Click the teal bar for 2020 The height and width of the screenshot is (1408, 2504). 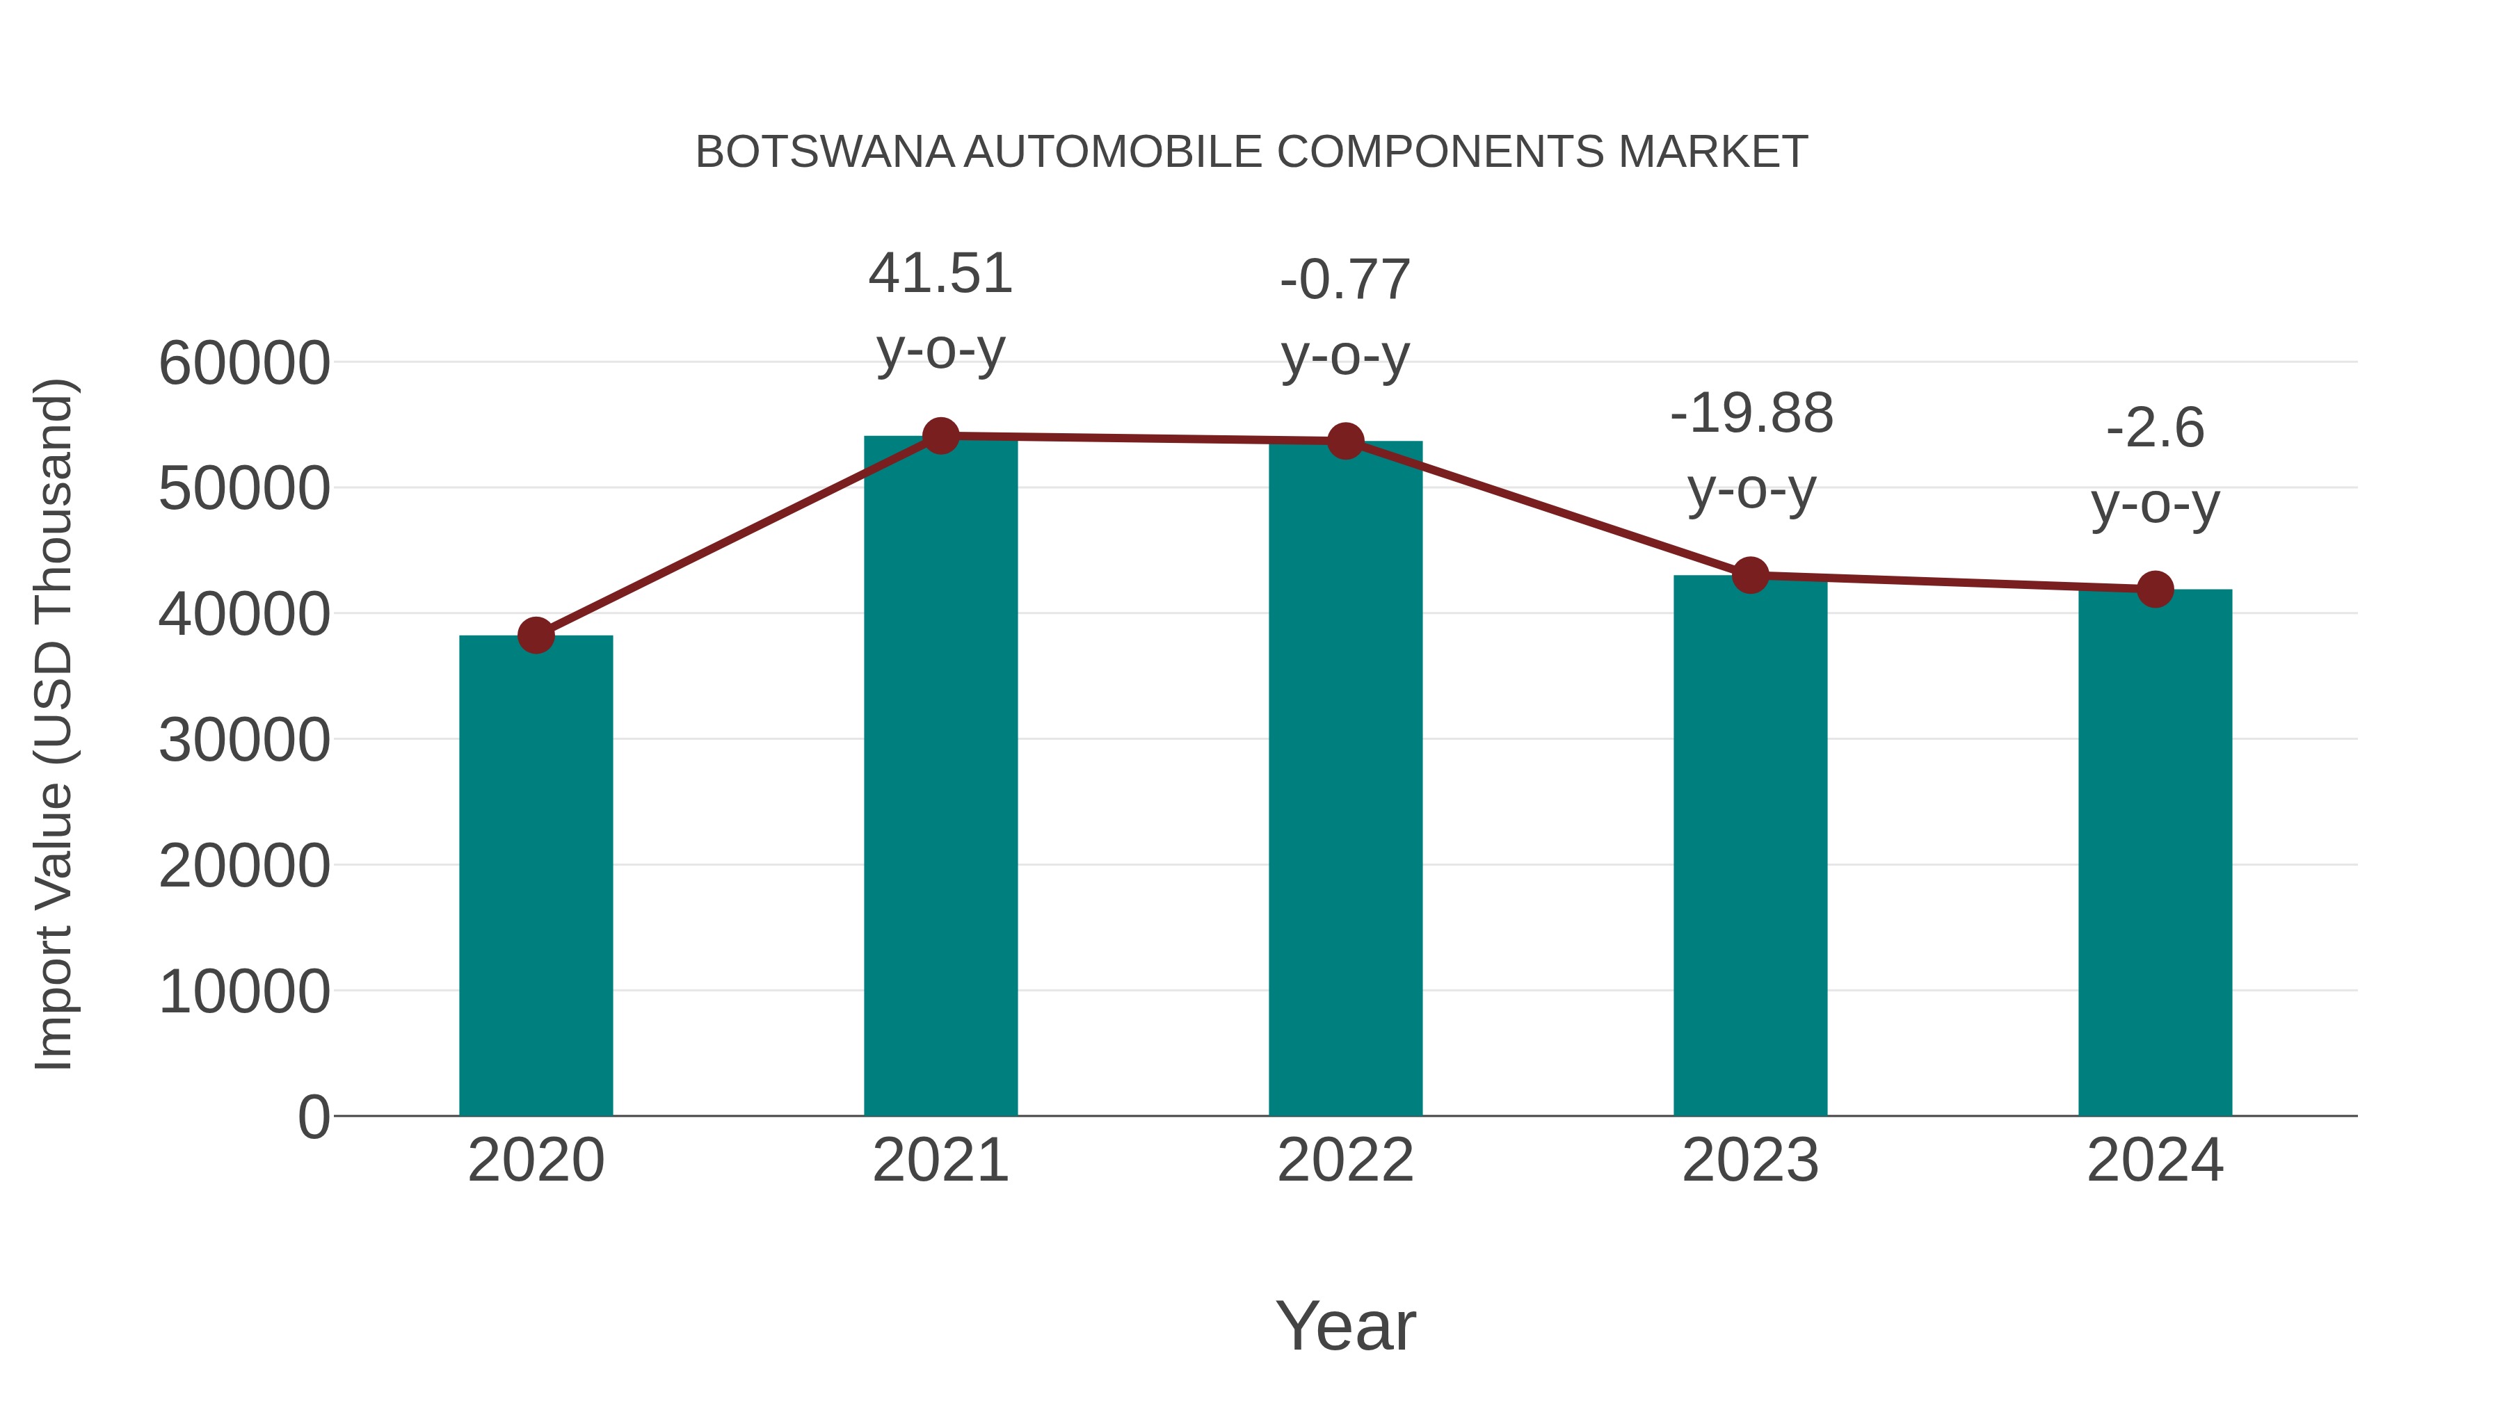[536, 875]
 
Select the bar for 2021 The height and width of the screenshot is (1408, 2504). [940, 777]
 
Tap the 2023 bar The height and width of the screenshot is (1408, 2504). [1750, 845]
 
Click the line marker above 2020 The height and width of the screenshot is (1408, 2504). [536, 636]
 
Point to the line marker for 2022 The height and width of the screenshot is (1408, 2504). [1345, 441]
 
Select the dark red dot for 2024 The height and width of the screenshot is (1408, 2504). [2155, 589]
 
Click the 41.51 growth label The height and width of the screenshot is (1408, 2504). [940, 274]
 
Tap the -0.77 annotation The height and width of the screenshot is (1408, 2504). [1345, 281]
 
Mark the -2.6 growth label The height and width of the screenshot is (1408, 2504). [2155, 428]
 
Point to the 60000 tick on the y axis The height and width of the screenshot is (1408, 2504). [244, 364]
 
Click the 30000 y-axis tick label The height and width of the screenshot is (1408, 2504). [244, 741]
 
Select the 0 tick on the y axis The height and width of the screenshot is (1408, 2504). [314, 1117]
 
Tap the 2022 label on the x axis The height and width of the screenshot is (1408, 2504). [1345, 1160]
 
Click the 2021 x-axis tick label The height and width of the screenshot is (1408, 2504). [940, 1160]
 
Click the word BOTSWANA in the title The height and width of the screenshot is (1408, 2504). [825, 152]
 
